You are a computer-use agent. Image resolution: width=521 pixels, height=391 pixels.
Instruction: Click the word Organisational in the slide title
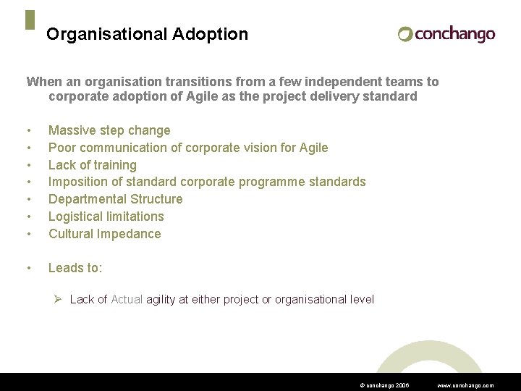pos(106,34)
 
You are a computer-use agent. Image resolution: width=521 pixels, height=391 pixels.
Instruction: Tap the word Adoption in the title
pos(210,34)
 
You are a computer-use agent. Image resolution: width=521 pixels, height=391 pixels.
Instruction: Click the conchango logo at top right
pos(446,34)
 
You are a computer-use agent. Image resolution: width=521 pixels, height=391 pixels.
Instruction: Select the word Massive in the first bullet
pos(72,130)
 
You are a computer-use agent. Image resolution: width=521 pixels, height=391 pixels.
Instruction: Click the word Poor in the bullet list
pos(62,148)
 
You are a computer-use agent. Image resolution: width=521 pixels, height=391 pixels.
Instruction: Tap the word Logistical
pos(75,216)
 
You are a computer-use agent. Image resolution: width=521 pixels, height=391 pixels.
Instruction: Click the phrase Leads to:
pos(75,268)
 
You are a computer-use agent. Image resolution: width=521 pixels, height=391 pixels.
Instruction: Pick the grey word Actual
pos(127,300)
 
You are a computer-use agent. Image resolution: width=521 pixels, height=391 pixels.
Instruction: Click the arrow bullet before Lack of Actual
pos(61,299)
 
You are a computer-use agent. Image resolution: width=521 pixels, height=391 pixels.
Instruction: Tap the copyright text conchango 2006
pos(384,386)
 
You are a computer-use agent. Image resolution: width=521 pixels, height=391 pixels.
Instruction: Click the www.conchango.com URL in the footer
pos(466,386)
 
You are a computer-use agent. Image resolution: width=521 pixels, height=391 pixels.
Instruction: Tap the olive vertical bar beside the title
pos(30,20)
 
